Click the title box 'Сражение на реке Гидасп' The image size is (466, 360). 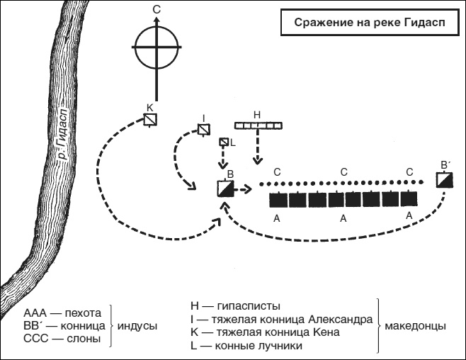tap(365, 23)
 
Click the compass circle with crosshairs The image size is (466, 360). tap(157, 47)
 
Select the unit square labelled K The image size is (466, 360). tap(150, 120)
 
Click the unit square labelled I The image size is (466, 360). tap(203, 130)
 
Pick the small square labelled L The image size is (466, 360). tap(225, 142)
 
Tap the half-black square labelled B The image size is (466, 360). tap(225, 189)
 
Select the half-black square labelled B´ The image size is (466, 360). tap(444, 180)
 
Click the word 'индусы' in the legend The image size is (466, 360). tap(137, 326)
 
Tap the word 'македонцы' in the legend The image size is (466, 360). tap(415, 326)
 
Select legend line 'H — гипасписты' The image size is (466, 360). tap(235, 306)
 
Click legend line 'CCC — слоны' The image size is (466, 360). tap(62, 339)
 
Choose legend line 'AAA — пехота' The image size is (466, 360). tap(63, 313)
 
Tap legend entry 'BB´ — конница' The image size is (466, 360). tap(64, 325)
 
